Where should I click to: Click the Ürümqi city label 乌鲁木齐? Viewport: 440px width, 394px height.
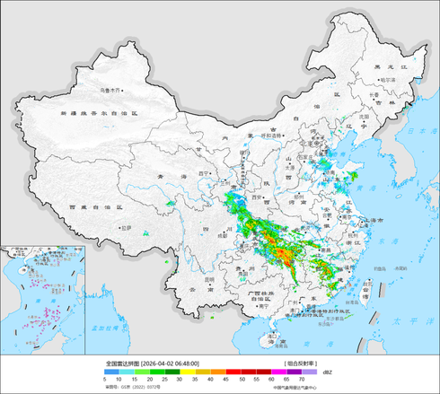[109, 91]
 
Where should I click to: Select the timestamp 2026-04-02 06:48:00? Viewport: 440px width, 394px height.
[170, 363]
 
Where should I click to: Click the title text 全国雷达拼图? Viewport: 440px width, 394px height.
[122, 363]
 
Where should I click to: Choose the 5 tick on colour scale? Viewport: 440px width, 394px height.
[107, 381]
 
